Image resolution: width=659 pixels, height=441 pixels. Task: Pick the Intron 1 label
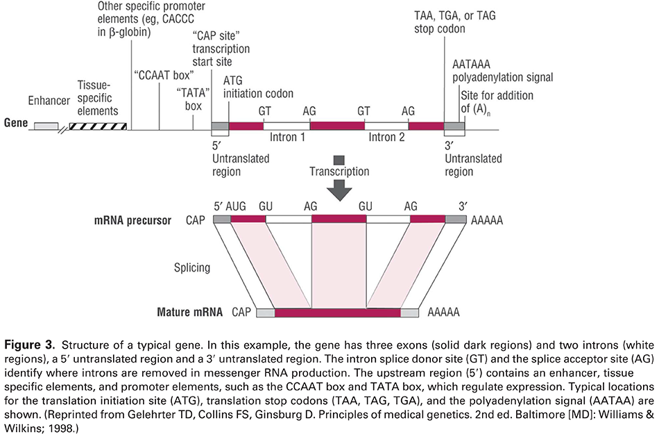click(x=287, y=138)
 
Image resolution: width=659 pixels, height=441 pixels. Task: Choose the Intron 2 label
click(x=386, y=138)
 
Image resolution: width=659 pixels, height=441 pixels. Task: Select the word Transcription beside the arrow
click(x=339, y=172)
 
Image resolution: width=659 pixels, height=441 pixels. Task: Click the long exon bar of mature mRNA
click(x=337, y=313)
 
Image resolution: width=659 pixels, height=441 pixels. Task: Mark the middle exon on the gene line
click(x=337, y=126)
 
